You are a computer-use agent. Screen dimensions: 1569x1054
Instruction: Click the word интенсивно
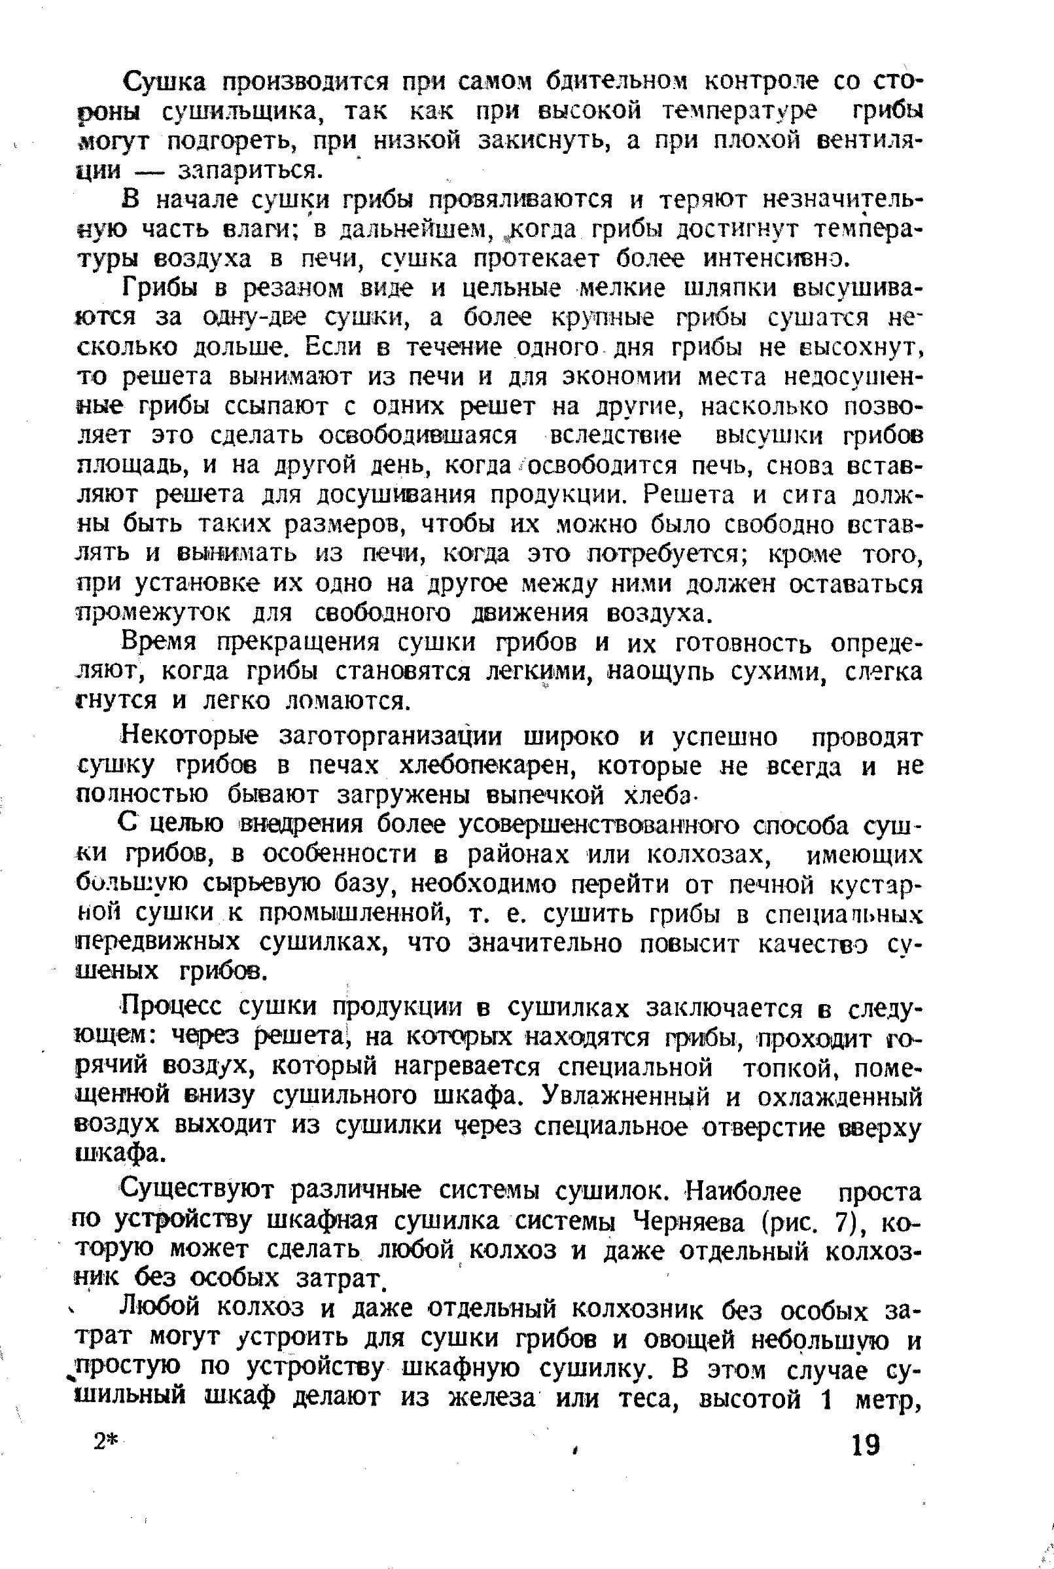(771, 259)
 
